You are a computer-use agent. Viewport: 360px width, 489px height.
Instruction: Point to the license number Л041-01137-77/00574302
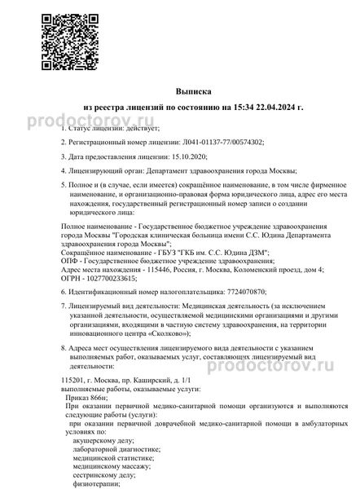point(209,141)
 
